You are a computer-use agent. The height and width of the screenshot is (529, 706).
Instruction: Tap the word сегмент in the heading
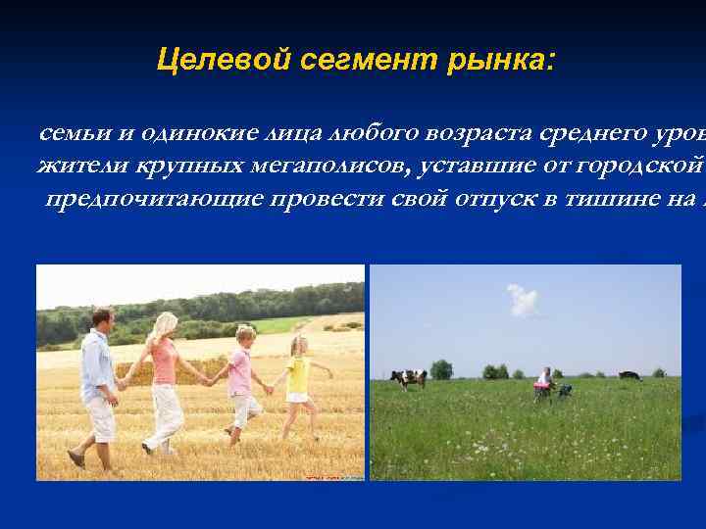point(339,62)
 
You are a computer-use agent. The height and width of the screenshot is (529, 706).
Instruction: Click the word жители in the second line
point(76,166)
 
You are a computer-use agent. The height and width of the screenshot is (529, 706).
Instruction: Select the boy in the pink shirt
point(241,382)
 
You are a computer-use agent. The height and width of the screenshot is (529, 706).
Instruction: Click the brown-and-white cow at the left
point(408,378)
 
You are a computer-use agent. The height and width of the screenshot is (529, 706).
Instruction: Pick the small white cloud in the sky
point(523,300)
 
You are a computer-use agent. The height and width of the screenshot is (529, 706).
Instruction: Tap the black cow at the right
point(629,374)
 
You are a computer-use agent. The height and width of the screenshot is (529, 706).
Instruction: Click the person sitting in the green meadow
point(542,383)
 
